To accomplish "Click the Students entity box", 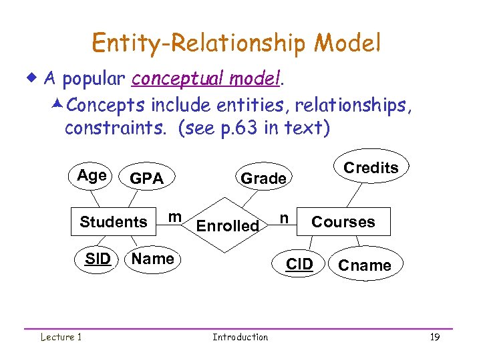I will click(114, 222).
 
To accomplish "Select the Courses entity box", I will click(343, 222).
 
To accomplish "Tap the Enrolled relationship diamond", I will click(228, 226).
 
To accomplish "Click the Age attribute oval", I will click(92, 176).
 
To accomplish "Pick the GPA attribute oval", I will click(146, 178).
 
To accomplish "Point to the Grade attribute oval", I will click(263, 178).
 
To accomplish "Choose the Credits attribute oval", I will click(371, 168).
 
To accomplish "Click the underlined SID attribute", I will click(98, 259).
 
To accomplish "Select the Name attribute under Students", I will click(153, 259).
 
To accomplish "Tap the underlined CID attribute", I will click(299, 265).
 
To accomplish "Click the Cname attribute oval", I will click(364, 265).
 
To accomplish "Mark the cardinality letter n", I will click(285, 218).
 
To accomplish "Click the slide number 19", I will click(434, 338).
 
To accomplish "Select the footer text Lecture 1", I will click(60, 337).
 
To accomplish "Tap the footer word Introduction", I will click(240, 338).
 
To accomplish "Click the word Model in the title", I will click(347, 43).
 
